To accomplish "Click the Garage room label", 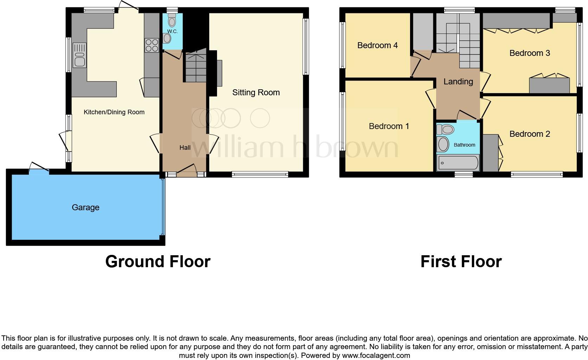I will (x=85, y=207).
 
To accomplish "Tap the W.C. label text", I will (x=172, y=31).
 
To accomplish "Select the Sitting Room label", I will (x=256, y=92).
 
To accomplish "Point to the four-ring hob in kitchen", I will (x=152, y=45).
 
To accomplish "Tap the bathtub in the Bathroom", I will (x=458, y=163).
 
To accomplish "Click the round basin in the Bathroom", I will (x=443, y=144).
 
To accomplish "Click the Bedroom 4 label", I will (x=377, y=45).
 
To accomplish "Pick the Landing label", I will (x=458, y=82).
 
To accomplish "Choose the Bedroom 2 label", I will (x=529, y=134).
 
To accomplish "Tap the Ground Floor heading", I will (x=158, y=262).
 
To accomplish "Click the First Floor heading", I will (x=461, y=262).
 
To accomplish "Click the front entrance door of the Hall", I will (x=186, y=170).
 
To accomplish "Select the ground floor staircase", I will (x=195, y=69).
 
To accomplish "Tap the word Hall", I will (x=185, y=148).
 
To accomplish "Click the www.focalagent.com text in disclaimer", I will (x=376, y=355).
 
